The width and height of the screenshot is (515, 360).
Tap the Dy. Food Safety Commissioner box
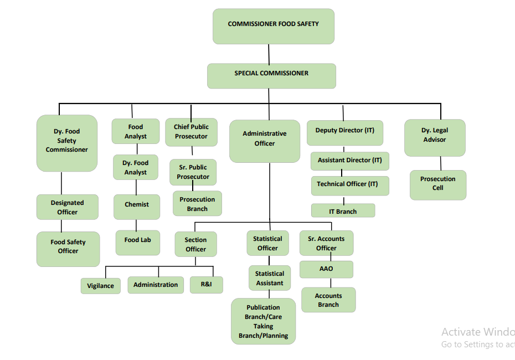pyautogui.click(x=67, y=143)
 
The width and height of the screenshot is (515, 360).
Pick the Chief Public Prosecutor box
pyautogui.click(x=191, y=132)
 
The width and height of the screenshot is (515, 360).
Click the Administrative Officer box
pyautogui.click(x=265, y=141)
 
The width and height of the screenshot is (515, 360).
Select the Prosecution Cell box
pyautogui.click(x=438, y=184)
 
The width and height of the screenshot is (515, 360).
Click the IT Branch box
pyautogui.click(x=343, y=211)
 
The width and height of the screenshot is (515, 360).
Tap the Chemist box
pyautogui.click(x=137, y=207)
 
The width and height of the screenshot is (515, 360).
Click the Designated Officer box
pyautogui.click(x=68, y=207)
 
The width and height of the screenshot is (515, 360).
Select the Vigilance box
pyautogui.click(x=100, y=286)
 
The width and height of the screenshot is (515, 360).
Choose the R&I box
pyautogui.click(x=207, y=285)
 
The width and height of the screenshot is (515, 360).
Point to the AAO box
pyautogui.click(x=326, y=269)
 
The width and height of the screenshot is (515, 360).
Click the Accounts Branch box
pyautogui.click(x=328, y=300)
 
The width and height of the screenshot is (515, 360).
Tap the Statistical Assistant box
pyautogui.click(x=270, y=278)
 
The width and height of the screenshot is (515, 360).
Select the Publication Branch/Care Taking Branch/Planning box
pyautogui.click(x=264, y=321)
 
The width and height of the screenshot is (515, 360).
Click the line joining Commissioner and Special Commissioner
pyautogui.click(x=269, y=54)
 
